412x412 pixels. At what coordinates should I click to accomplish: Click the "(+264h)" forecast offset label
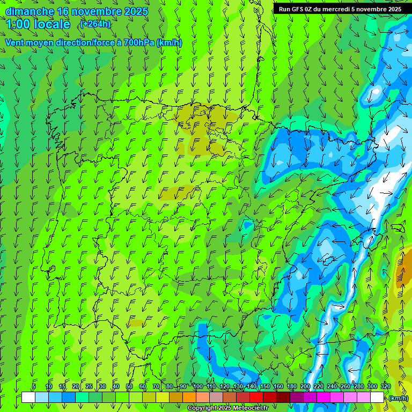[95, 24]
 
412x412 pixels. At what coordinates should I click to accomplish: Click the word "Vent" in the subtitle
[16, 42]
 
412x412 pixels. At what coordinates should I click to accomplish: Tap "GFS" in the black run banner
[300, 9]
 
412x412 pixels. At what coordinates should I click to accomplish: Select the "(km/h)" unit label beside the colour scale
[398, 398]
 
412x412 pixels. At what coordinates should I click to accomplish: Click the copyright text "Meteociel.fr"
[249, 408]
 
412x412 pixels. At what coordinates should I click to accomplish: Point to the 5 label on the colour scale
[33, 386]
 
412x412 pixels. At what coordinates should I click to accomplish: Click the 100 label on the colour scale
[198, 386]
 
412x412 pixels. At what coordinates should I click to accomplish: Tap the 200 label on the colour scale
[305, 386]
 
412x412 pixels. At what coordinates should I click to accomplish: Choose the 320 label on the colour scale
[386, 386]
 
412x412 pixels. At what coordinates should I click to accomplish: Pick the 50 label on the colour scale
[129, 386]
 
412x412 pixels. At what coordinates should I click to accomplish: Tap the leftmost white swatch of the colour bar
[28, 398]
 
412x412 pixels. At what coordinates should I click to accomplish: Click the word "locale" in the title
[53, 24]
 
